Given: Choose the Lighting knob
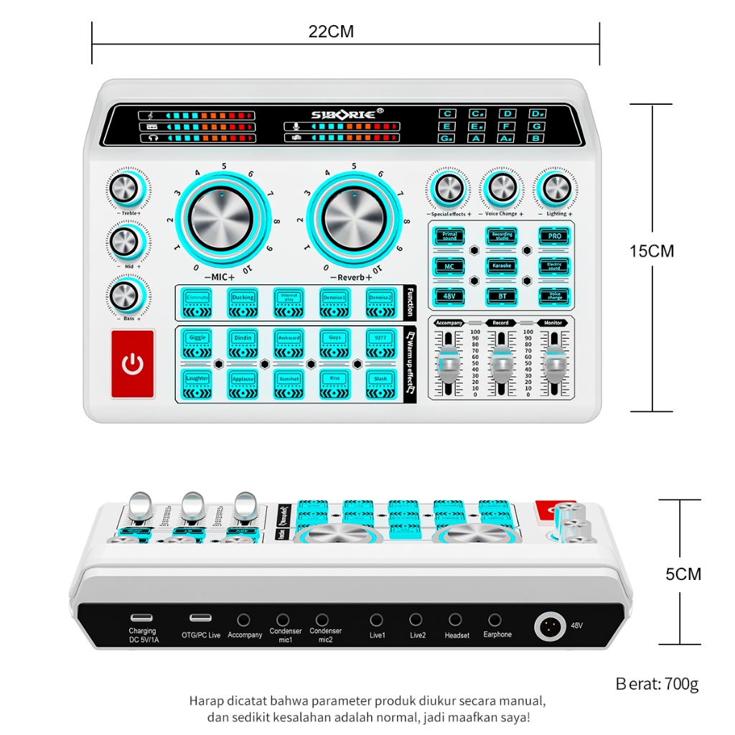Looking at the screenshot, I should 556,188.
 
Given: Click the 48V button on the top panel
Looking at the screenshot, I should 449,295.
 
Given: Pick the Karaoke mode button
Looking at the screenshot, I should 502,266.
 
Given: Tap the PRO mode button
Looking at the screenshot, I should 554,236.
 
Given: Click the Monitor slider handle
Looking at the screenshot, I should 553,365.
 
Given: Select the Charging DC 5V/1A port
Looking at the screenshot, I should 141,618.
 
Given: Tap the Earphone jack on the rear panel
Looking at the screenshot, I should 495,619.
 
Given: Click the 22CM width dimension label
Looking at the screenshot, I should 331,32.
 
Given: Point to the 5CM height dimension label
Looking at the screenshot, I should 683,574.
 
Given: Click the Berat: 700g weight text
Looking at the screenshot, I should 657,683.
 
